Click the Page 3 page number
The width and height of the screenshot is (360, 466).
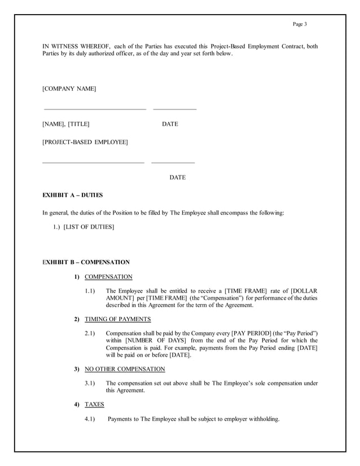pos(300,24)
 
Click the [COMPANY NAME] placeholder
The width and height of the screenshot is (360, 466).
pos(69,89)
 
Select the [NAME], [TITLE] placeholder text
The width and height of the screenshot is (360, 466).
pos(66,124)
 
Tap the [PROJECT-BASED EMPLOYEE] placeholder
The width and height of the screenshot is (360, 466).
pos(85,142)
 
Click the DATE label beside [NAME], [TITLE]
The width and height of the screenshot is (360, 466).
pos(170,124)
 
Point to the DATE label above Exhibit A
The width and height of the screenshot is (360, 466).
pos(177,178)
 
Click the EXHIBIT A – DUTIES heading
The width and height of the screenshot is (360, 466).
pos(73,195)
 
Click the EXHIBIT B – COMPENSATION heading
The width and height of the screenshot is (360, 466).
pos(86,262)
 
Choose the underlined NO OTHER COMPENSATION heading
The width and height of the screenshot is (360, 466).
pos(125,369)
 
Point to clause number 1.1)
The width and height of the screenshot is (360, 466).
pos(89,291)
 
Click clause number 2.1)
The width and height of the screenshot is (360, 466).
pos(89,333)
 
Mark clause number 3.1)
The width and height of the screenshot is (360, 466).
pos(89,384)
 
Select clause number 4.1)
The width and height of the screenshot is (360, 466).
pos(89,419)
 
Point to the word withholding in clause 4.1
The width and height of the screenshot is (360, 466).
pos(262,419)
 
